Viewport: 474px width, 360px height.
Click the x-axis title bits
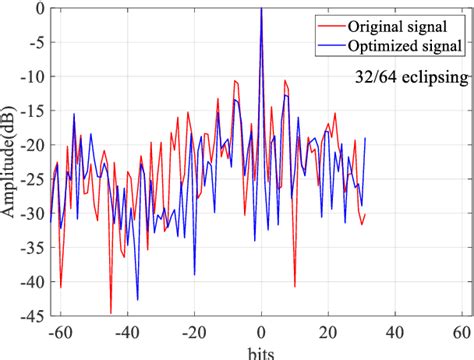click(261, 352)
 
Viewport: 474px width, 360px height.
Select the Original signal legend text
click(405, 24)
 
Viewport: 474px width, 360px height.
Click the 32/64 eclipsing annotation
click(410, 76)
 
